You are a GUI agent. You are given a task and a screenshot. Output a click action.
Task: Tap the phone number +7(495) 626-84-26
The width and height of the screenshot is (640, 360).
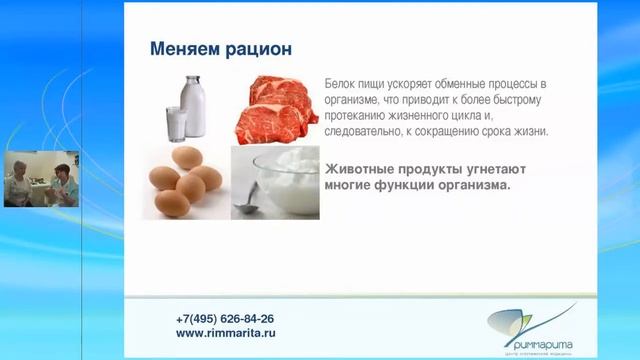pos(224,319)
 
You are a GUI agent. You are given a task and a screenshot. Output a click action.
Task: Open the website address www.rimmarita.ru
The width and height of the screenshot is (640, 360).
pos(225,333)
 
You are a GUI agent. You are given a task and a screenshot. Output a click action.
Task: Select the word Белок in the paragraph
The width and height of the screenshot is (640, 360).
pos(341,85)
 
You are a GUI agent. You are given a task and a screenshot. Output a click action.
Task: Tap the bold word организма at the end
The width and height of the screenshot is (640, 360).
pos(468,185)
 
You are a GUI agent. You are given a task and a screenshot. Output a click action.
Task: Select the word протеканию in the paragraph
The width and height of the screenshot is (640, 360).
pos(360,116)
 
